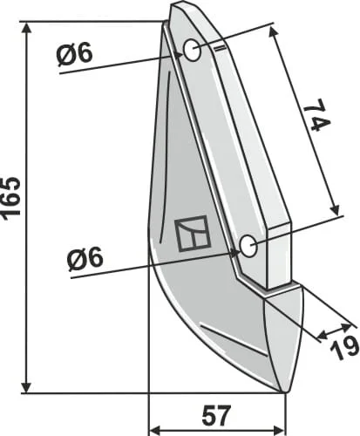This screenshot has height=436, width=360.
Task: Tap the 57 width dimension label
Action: point(217,414)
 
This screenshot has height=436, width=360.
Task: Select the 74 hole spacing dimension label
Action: point(316,115)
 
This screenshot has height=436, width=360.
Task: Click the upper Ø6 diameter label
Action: point(75,53)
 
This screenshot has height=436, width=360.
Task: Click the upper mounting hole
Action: point(192,50)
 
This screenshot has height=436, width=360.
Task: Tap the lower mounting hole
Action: point(248,245)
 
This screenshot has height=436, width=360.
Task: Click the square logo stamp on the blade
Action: point(193,234)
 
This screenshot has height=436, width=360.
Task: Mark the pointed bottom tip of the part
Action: point(283,392)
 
